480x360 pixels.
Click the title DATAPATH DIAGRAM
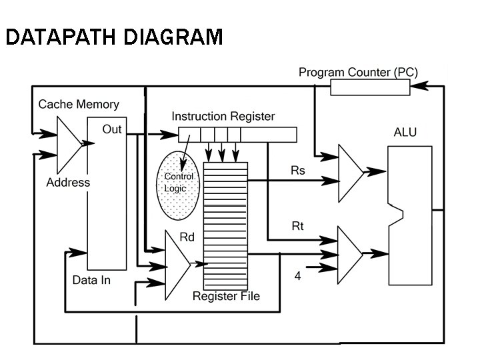(x=113, y=37)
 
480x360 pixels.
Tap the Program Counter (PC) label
(x=358, y=72)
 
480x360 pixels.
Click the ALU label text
(x=405, y=132)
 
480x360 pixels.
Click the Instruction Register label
(x=223, y=116)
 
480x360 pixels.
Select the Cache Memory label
(x=79, y=104)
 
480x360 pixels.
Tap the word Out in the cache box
(x=112, y=129)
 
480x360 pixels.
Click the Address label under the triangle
(x=68, y=182)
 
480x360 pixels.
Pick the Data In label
(x=91, y=280)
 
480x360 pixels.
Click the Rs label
(x=298, y=171)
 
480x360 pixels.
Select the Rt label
(x=298, y=226)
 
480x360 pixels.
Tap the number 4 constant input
(x=298, y=275)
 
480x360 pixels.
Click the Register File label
(x=226, y=295)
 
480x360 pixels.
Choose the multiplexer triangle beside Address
(x=68, y=145)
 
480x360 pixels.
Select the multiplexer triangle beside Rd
(x=176, y=265)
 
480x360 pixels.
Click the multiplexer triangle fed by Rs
(x=350, y=173)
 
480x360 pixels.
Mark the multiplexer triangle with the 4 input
(x=349, y=254)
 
